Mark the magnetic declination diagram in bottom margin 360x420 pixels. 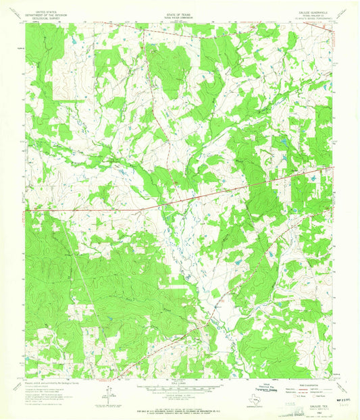pyautogui.click(x=107, y=390)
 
